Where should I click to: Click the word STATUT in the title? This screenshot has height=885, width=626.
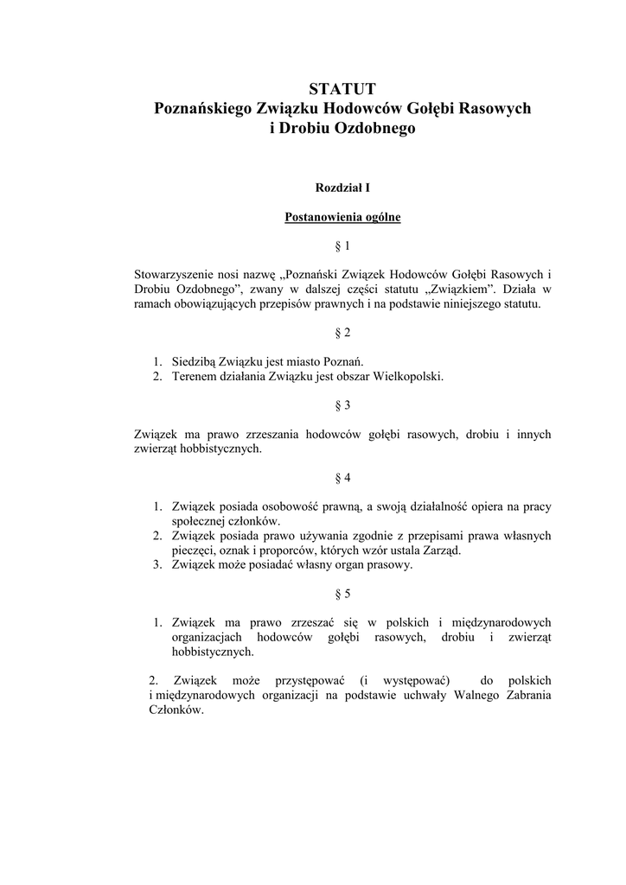[342, 88]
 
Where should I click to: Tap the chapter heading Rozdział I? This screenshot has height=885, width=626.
[342, 187]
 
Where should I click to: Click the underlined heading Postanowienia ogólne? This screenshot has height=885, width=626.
[342, 217]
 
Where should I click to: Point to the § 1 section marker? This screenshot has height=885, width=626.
[342, 246]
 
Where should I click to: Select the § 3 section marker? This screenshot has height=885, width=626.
[342, 404]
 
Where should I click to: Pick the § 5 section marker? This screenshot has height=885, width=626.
[342, 594]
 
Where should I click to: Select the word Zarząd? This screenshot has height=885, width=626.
[443, 551]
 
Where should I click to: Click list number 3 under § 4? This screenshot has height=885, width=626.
[157, 565]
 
